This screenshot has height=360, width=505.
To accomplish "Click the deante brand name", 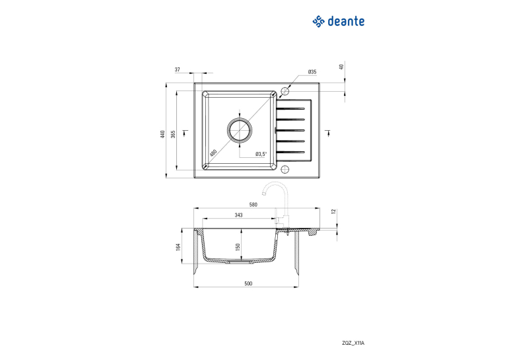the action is [346, 21].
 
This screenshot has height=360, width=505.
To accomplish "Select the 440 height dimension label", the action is [162, 134].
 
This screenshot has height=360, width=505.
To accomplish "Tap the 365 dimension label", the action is [173, 134].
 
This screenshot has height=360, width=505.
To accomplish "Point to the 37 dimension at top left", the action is [177, 69].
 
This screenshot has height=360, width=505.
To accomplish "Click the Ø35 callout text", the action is [312, 72].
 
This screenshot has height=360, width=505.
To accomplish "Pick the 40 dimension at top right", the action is [341, 67].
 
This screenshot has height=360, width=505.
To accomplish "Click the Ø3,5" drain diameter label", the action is [261, 154].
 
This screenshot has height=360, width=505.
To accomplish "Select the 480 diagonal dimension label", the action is [213, 153].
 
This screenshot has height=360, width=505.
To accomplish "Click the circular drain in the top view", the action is [239, 130].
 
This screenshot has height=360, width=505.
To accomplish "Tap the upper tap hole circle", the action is [285, 91].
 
